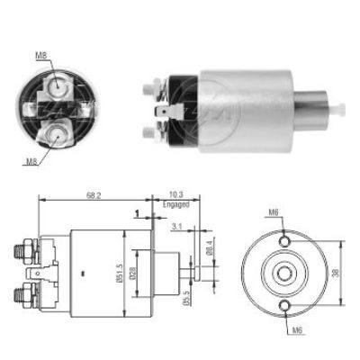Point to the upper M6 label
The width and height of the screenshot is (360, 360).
pyautogui.click(x=272, y=212)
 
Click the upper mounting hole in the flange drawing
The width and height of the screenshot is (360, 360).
pyautogui.click(x=285, y=241)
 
